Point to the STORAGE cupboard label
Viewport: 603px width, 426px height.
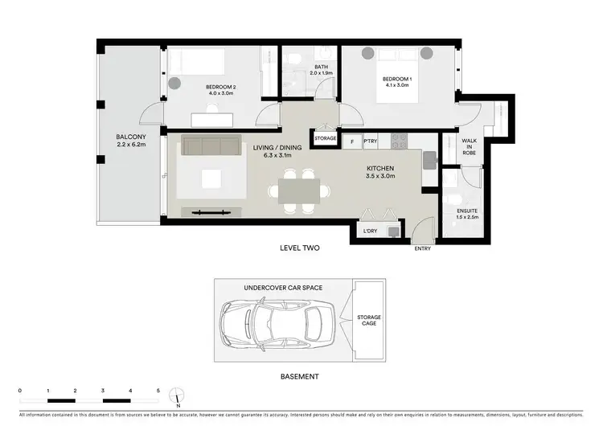[x=326, y=138]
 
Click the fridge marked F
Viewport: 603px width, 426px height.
[x=351, y=141]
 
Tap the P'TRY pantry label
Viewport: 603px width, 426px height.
[x=371, y=141]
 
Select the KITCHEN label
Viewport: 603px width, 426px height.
[x=380, y=168]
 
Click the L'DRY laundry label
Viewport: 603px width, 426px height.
[x=371, y=231]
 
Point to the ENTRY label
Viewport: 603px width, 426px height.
[x=422, y=248]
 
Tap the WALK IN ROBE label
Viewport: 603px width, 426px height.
[x=469, y=145]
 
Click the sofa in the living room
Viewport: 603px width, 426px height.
[x=211, y=145]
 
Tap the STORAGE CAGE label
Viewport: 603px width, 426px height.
[x=369, y=322]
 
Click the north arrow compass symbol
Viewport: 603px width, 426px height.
[x=178, y=395]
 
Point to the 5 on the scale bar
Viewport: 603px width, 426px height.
[x=158, y=389]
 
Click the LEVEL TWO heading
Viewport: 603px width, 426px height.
[x=300, y=248]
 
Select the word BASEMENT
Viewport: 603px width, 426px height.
[x=300, y=376]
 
